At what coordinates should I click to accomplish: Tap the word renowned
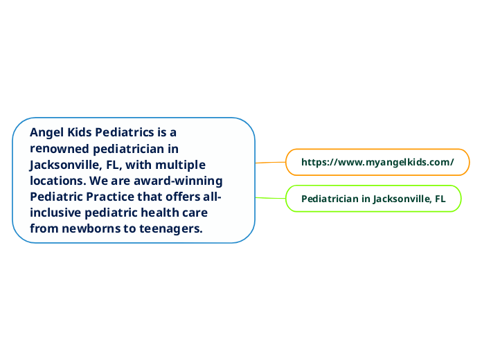pyautogui.click(x=60, y=148)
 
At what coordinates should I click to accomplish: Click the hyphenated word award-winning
pyautogui.click(x=181, y=181)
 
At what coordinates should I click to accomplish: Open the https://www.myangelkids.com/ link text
pyautogui.click(x=377, y=162)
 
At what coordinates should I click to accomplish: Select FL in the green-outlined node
pyautogui.click(x=440, y=199)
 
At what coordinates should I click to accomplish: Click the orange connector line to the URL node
pyautogui.click(x=271, y=162)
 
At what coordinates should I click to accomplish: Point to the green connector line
pyautogui.click(x=271, y=198)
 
